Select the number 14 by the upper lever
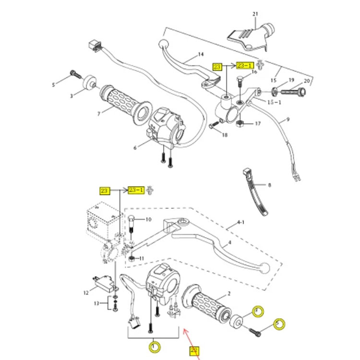point(200,54)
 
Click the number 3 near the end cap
point(72,96)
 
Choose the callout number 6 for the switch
point(135,147)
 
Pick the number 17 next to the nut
point(258,123)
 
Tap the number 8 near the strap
point(269,185)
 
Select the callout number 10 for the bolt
point(148,219)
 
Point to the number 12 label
point(86,292)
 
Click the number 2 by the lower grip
point(229,293)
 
